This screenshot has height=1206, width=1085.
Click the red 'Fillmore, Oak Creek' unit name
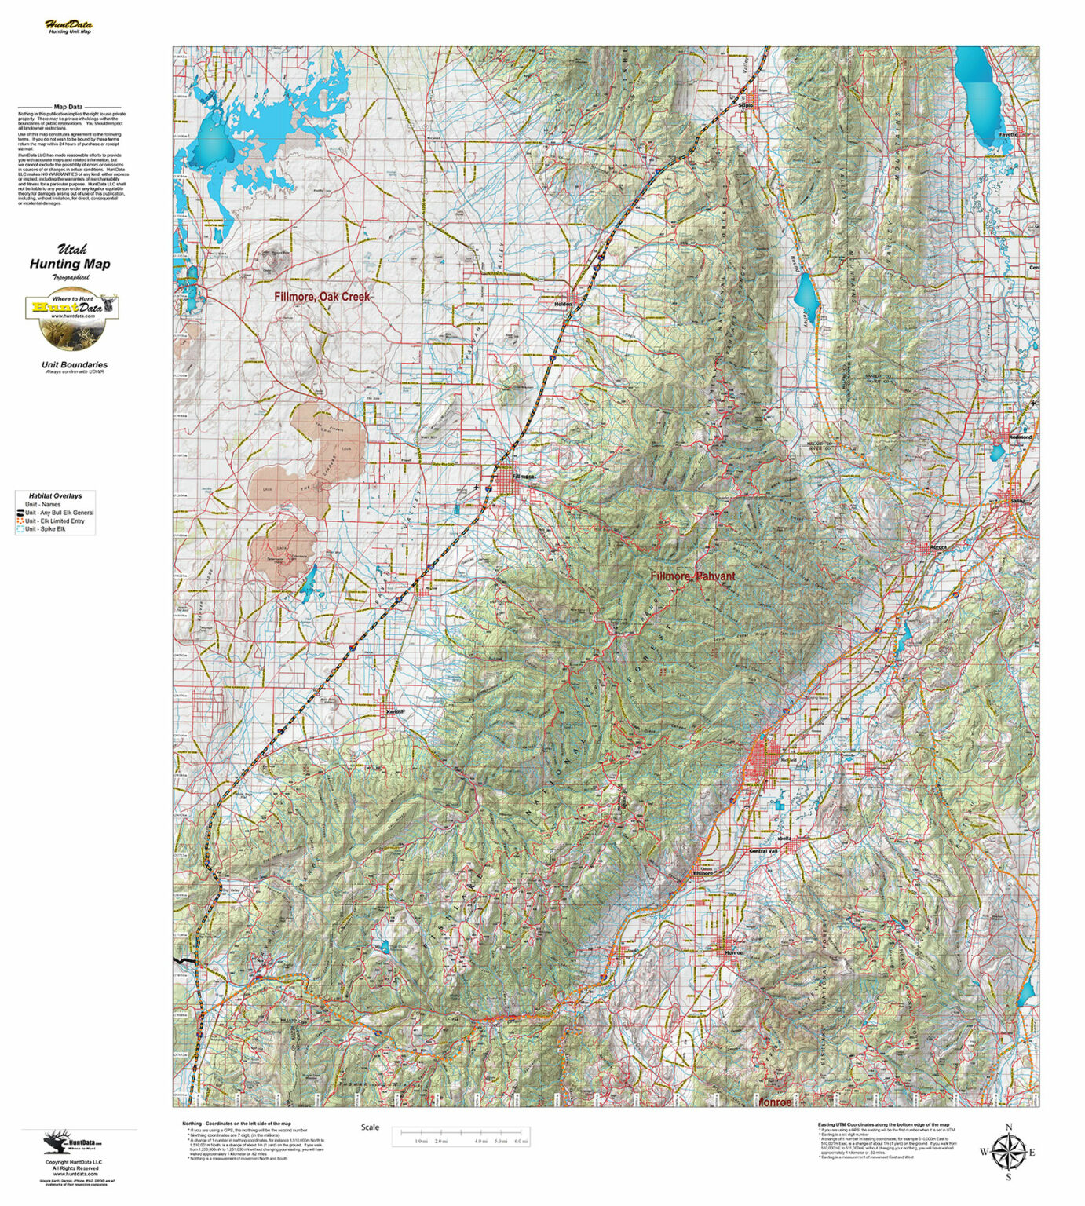322,297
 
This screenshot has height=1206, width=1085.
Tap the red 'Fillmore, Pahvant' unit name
692,576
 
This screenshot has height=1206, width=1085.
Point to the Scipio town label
745,104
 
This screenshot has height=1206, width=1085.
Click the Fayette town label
1007,134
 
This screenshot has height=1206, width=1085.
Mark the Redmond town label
1021,437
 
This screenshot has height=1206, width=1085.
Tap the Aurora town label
938,546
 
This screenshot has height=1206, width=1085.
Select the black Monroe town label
732,952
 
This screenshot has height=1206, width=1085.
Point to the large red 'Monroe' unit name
774,1102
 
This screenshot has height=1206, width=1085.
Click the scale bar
461,1135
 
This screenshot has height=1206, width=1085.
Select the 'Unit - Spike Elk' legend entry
46,529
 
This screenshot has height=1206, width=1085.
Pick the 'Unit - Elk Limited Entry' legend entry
54,521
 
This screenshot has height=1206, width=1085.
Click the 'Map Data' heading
68,107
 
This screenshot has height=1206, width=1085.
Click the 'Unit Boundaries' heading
75,364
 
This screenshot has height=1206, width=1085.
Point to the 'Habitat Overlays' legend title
55,496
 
